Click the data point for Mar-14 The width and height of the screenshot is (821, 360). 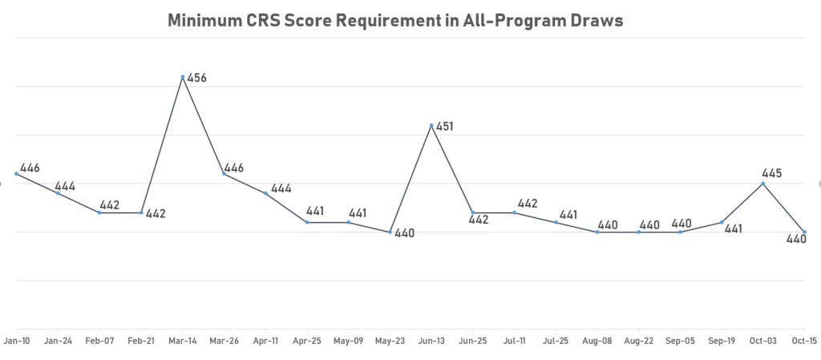183,77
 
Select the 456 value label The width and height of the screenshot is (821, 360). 197,79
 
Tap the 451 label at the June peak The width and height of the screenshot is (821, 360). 445,126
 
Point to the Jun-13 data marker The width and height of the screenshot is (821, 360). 431,126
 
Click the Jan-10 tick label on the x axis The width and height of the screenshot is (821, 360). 17,340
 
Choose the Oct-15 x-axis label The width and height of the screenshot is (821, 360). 804,340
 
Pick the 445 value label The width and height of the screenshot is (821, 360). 770,173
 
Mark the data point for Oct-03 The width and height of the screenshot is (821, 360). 762,184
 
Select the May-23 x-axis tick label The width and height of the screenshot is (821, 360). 390,340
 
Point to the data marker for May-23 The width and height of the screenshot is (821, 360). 390,233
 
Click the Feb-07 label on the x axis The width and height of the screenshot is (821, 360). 99,340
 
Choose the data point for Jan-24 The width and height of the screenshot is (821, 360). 58,193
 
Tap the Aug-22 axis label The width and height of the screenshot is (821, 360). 638,340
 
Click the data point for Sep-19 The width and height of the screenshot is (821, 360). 722,222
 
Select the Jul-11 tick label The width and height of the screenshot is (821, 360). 514,340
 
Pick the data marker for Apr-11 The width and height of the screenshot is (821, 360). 265,193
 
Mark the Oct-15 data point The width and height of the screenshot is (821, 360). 804,233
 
